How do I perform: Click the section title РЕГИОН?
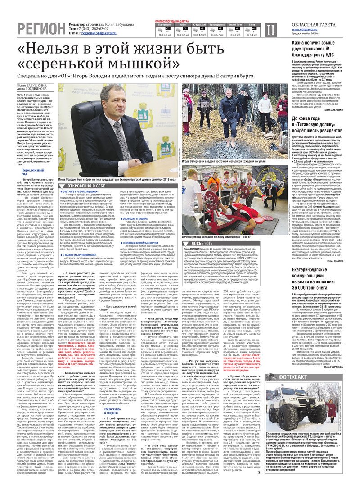click(41, 29)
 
